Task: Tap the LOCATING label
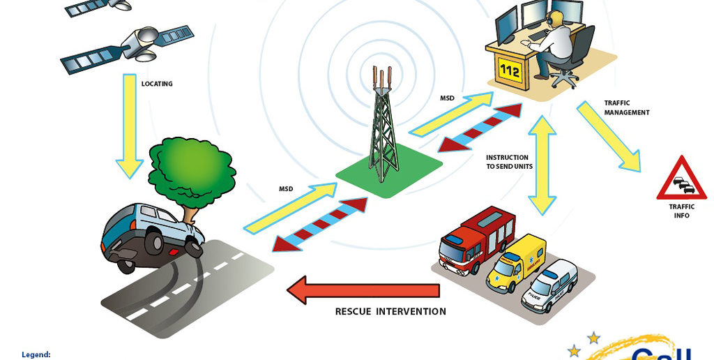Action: pyautogui.click(x=157, y=84)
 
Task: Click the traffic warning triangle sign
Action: pyautogui.click(x=681, y=180)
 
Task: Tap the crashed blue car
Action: pyautogui.click(x=150, y=234)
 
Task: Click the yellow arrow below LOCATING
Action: pyautogui.click(x=130, y=126)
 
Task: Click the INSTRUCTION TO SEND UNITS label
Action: pyautogui.click(x=507, y=162)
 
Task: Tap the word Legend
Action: pyautogui.click(x=36, y=354)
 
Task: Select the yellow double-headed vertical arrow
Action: pyautogui.click(x=542, y=164)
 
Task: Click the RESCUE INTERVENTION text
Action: pyautogui.click(x=390, y=311)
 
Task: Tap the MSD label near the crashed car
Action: pyautogui.click(x=286, y=189)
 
